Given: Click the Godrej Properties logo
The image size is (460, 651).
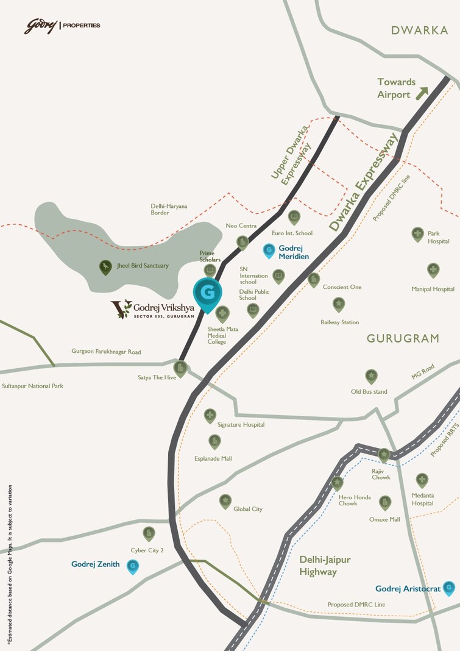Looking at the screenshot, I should pos(62,26).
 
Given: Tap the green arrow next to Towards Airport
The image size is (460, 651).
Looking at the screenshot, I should pos(422,93).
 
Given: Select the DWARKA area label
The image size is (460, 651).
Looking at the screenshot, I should pos(419,30).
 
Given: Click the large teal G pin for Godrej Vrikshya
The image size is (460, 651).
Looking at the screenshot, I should pos(207,293).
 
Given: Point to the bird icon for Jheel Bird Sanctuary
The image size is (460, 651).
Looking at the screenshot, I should pos(106,266).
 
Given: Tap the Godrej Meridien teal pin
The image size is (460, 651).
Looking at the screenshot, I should pos(268,250).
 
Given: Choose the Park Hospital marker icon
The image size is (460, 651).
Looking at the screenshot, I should pos(417,233).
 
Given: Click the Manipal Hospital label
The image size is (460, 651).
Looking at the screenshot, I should pos(433,289).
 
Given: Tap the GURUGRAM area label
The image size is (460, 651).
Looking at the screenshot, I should pos(403,338).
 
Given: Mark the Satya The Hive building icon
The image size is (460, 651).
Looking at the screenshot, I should pos(180,368).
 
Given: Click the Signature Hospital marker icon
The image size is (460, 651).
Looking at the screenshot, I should pos(210,415).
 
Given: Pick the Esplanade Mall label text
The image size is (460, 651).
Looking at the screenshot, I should pos(213,458).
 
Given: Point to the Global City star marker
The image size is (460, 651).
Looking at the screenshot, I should pos(225,500).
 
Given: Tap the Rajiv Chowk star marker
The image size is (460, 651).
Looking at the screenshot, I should pos(384,455).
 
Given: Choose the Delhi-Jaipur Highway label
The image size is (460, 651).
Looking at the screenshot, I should pos(325,565).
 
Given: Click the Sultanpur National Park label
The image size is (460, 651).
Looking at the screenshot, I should pos(33,386).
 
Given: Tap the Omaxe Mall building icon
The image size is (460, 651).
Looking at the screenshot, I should pos(384,502).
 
